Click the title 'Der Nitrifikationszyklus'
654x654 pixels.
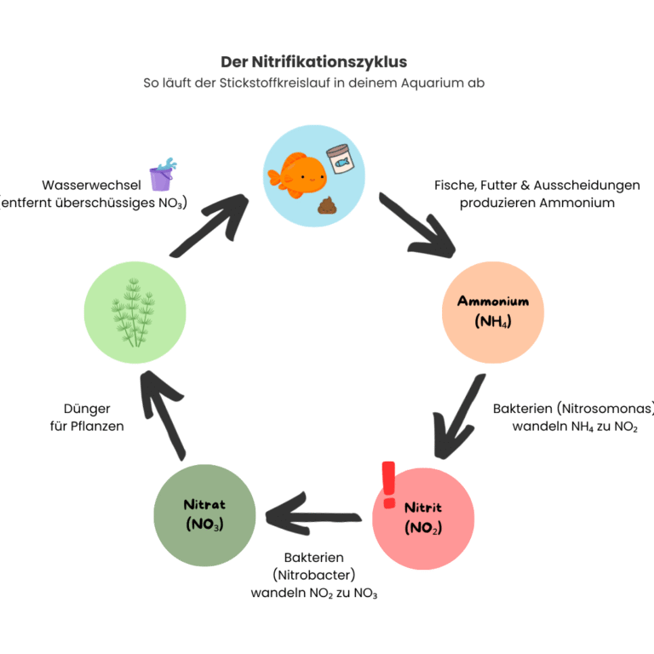313,62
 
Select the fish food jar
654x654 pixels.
341,158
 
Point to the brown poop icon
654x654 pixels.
326,205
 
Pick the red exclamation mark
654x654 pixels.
389,485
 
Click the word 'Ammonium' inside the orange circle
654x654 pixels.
493,301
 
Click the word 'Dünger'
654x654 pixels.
87,409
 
